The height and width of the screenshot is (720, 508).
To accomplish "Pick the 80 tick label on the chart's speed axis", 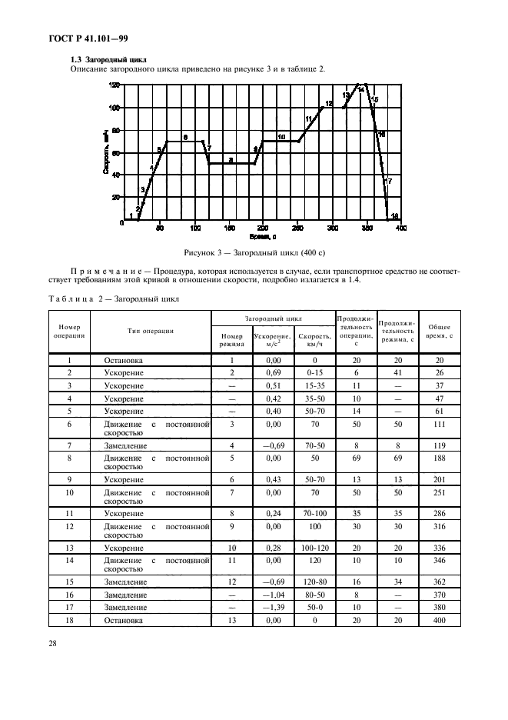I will (115, 130).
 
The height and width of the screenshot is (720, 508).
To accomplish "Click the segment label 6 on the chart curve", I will (184, 137).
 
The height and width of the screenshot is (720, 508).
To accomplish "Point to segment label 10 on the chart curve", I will (281, 137).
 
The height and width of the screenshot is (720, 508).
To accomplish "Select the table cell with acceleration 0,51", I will (272, 385).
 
